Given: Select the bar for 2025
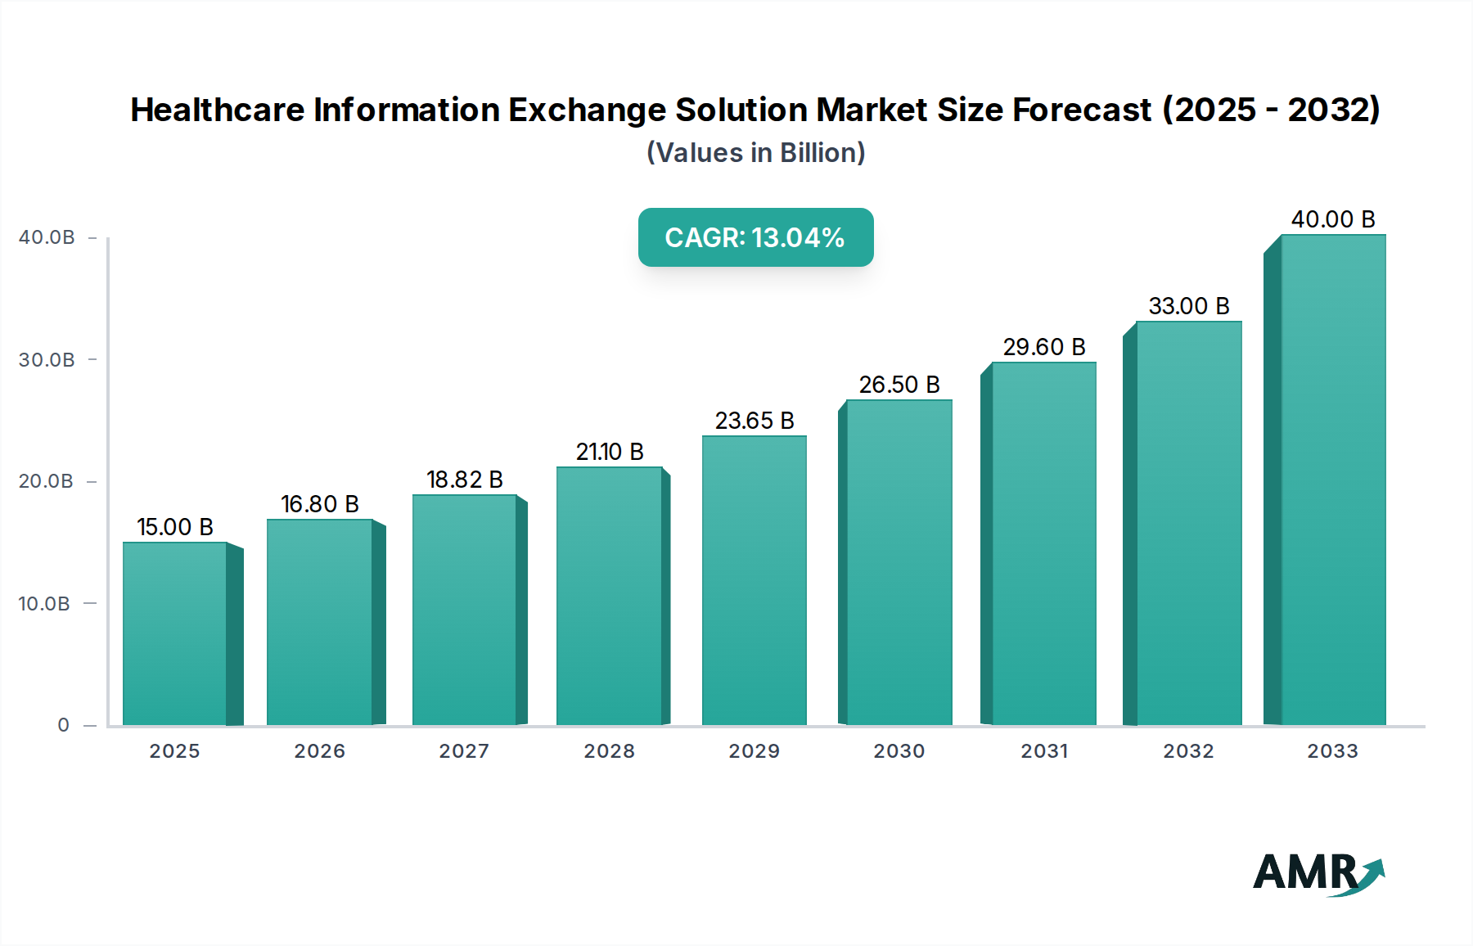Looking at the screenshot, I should (x=175, y=634).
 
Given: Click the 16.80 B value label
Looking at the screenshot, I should (x=320, y=504).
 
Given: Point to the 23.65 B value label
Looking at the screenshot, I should (x=755, y=421).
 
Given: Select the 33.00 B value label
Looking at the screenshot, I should (x=1189, y=306).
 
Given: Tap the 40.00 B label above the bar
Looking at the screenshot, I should (x=1333, y=219).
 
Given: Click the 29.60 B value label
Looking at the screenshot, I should (x=1044, y=347).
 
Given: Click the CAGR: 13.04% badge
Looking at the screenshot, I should (x=755, y=237).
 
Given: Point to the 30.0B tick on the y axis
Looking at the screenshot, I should (x=47, y=360).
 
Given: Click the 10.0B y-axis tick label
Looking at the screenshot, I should (x=44, y=604).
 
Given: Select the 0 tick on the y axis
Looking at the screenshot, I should (x=64, y=725).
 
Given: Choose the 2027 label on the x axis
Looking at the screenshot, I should (x=464, y=751).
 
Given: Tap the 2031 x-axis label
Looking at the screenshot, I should (x=1044, y=751).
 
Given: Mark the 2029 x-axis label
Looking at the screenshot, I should (x=755, y=751).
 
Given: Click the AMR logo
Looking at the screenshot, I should (x=1318, y=873).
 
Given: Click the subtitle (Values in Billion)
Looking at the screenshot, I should (x=755, y=153).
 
